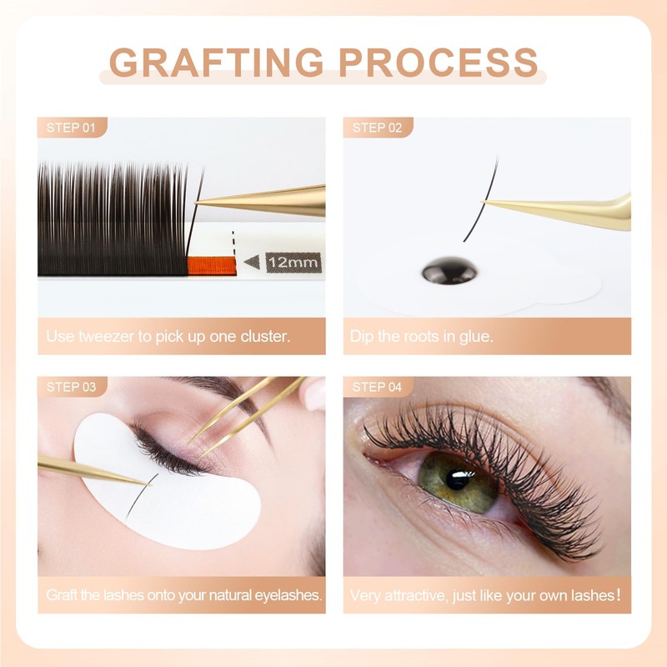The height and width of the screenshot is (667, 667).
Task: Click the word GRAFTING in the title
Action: (216, 63)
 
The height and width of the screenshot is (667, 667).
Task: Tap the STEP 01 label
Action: (72, 128)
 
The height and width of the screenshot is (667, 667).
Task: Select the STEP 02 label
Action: (378, 128)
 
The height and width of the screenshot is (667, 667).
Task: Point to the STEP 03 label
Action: (72, 387)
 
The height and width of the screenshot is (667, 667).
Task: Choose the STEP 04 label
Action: (378, 387)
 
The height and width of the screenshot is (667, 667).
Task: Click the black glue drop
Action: (449, 271)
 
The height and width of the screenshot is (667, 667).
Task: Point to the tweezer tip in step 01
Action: (200, 203)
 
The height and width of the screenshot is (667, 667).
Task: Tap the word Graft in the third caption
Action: (63, 596)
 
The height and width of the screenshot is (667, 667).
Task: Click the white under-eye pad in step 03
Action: (200, 509)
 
